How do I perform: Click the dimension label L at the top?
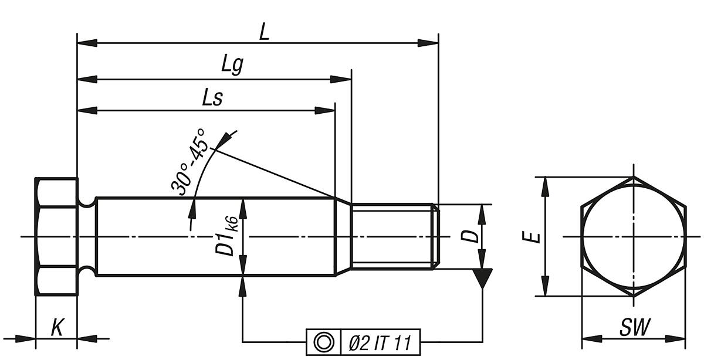point(264,32)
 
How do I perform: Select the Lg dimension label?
point(232,65)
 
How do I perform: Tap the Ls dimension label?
point(212,97)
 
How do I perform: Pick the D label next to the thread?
point(468,236)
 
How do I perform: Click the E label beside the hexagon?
point(531,237)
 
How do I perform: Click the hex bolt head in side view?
point(56,236)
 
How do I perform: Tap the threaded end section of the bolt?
point(393,236)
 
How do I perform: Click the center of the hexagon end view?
point(633,236)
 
